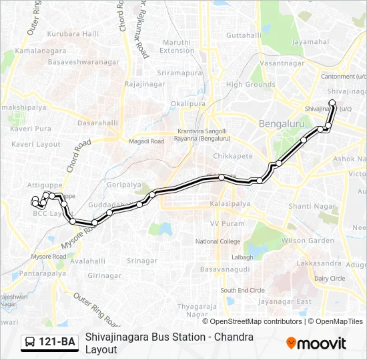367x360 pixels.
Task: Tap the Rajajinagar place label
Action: [143, 83]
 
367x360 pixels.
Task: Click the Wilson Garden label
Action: [308, 240]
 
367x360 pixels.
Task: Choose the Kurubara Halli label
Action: [73, 33]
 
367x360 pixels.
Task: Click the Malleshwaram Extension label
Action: [177, 46]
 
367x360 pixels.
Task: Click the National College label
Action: [218, 241]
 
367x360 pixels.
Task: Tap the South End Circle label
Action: [243, 290]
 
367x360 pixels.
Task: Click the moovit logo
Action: [316, 343]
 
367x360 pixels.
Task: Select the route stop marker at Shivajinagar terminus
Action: [332, 103]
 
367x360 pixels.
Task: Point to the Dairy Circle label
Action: [330, 278]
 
